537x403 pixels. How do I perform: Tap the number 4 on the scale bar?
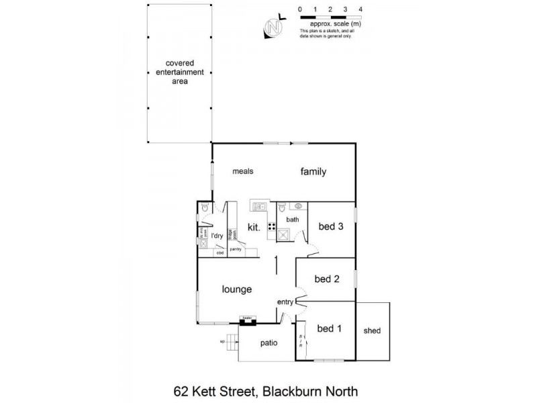coord(360,9)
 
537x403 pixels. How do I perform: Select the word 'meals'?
coord(242,171)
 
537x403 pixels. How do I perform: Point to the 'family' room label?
coord(313,171)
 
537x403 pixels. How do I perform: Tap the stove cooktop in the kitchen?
coord(272,226)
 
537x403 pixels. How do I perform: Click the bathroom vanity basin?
coord(300,207)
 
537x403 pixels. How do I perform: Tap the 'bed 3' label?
coord(331,226)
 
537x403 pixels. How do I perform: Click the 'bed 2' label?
coord(326,279)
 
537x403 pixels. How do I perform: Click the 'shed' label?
coord(372,331)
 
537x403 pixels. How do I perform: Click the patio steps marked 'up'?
coord(232,342)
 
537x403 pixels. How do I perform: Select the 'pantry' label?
coord(236,250)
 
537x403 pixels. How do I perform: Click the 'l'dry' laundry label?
coord(217,236)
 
